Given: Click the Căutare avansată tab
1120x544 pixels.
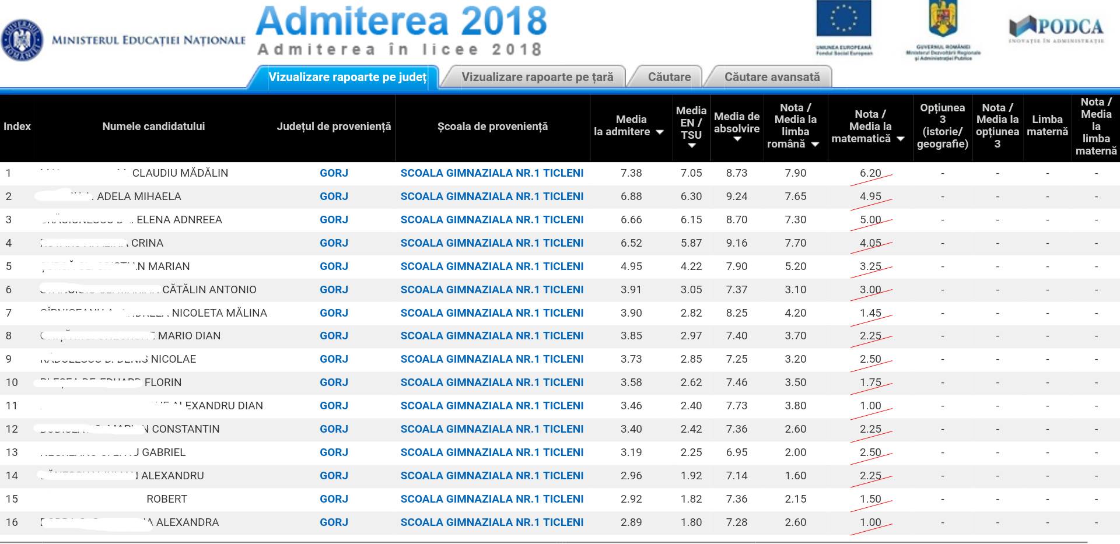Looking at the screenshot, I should [x=771, y=77].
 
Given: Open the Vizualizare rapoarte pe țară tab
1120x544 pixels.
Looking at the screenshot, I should [x=537, y=77].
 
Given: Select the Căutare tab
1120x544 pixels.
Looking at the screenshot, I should [x=669, y=77].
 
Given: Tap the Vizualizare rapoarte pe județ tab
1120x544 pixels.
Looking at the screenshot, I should [x=346, y=77].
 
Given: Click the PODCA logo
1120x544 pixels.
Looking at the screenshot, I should [x=1056, y=29].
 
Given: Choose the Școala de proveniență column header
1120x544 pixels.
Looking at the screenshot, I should [x=492, y=127].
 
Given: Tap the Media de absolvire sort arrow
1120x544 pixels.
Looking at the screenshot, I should [x=737, y=139].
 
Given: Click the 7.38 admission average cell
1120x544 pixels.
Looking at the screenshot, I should [x=631, y=173].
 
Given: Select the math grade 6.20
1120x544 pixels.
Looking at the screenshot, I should [x=870, y=173].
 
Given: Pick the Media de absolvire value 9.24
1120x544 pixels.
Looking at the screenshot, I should [x=737, y=196].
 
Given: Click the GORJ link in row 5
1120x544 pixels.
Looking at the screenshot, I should [x=334, y=266].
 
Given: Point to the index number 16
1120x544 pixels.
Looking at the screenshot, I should [x=12, y=522].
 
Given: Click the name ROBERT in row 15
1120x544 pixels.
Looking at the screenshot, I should [x=167, y=499].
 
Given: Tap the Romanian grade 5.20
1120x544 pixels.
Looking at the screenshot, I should [x=796, y=266].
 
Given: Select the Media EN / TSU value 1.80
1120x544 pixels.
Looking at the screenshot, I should [x=691, y=522].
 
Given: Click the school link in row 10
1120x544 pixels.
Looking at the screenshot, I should [x=492, y=382].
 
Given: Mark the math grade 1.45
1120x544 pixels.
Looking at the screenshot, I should [x=870, y=313].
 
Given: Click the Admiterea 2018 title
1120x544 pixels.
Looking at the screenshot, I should [x=401, y=21].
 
